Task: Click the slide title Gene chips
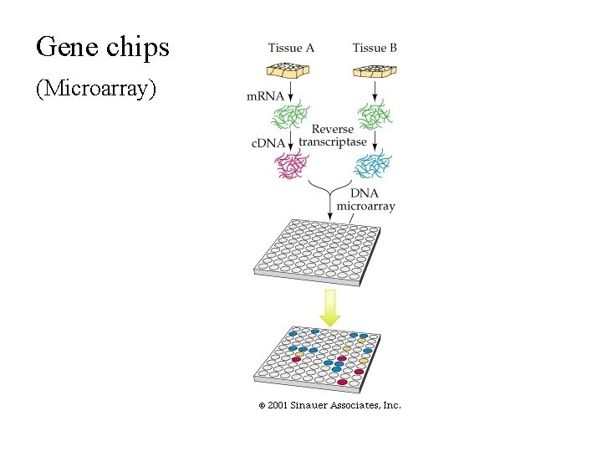[x=102, y=47]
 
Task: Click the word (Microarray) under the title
[x=95, y=88]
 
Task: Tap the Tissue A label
[x=291, y=48]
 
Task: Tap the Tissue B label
[x=375, y=48]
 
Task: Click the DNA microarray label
[x=365, y=199]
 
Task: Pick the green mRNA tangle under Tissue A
[x=291, y=115]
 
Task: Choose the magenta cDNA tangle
[x=291, y=164]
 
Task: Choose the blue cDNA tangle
[x=373, y=164]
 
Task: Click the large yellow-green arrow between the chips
[x=330, y=307]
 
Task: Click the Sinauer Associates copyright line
[x=329, y=405]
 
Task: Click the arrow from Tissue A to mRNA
[x=291, y=90]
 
